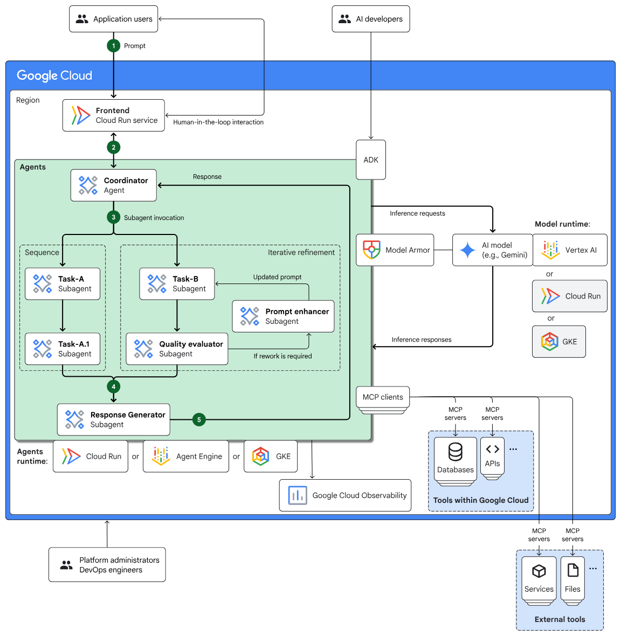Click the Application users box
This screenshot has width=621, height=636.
[x=114, y=19]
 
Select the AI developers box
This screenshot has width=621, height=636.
[x=371, y=19]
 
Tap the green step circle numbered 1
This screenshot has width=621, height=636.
[x=113, y=46]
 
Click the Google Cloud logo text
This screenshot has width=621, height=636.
[x=54, y=75]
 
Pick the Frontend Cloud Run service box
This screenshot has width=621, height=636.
[x=114, y=115]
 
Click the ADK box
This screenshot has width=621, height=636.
[x=371, y=160]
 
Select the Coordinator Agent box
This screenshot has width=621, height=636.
[x=114, y=185]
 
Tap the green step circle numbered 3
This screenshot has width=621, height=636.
[x=113, y=218]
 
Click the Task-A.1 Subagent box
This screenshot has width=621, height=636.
[x=63, y=349]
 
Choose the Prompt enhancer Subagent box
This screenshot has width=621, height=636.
[x=283, y=316]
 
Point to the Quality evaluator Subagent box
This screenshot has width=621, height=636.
[x=177, y=349]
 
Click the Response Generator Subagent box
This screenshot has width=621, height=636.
[x=114, y=420]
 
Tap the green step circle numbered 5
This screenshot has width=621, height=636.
[x=199, y=420]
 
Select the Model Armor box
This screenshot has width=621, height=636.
[x=395, y=250]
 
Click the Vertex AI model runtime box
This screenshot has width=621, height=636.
[x=570, y=250]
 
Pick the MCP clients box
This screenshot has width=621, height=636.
[x=383, y=397]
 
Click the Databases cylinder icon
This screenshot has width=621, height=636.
[x=456, y=452]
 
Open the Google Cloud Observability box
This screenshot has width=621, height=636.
[x=345, y=495]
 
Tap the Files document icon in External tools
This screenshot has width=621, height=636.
[x=572, y=570]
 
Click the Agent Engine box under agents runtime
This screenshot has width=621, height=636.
[x=186, y=457]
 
